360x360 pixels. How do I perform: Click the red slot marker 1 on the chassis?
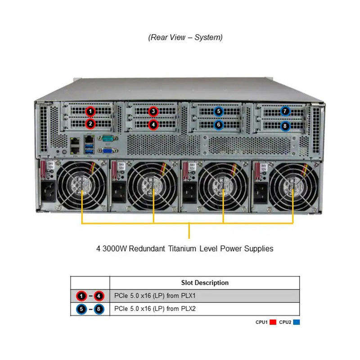(90, 111)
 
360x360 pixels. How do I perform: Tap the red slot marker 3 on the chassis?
(153, 111)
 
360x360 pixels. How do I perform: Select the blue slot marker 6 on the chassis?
(219, 124)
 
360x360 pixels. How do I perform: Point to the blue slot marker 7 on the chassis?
(285, 111)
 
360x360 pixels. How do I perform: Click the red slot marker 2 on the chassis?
(90, 123)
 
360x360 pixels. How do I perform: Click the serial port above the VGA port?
(107, 139)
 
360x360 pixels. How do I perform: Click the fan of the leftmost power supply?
(82, 185)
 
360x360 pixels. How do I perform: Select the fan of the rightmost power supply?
(293, 185)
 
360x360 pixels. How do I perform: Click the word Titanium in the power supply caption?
(207, 248)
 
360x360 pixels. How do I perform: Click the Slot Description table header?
(205, 283)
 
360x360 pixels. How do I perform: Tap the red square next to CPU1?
(273, 322)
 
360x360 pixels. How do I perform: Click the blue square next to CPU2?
(296, 322)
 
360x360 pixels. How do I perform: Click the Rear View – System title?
(185, 37)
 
